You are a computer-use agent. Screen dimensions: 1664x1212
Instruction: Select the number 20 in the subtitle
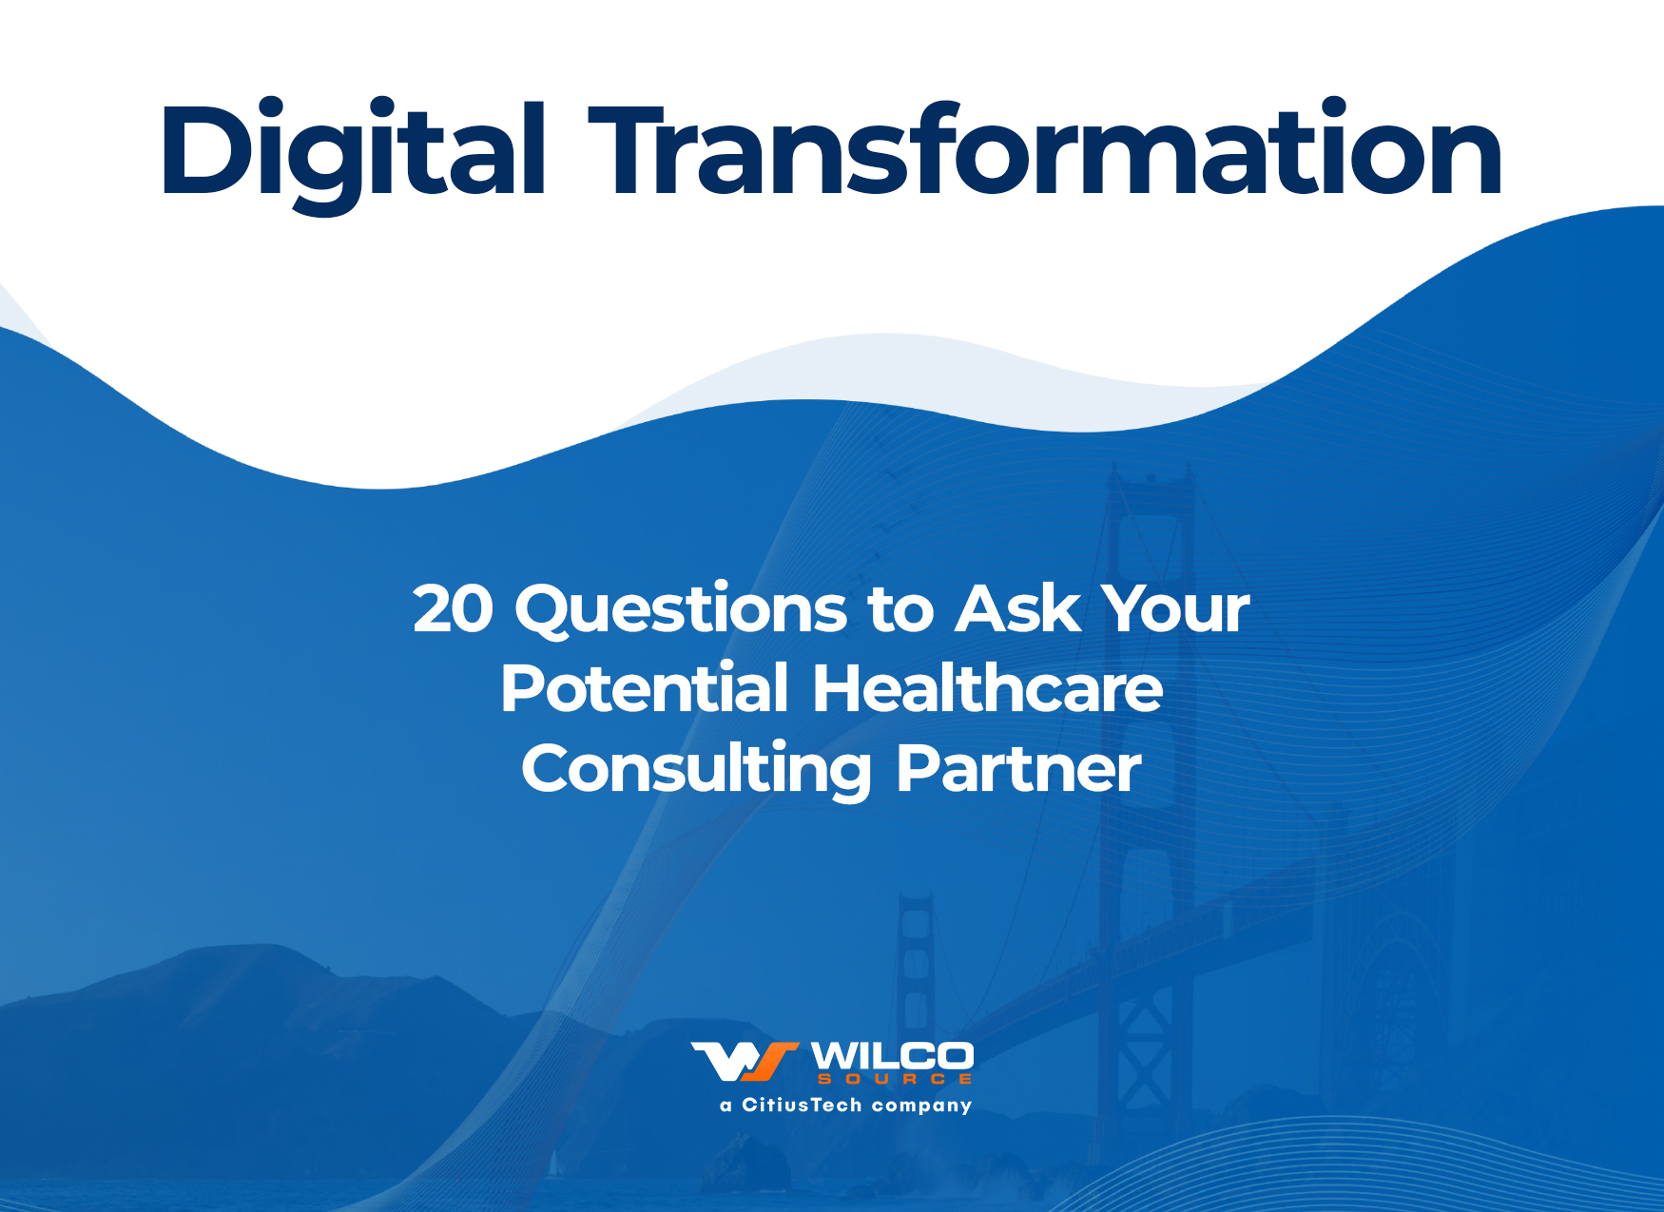454,608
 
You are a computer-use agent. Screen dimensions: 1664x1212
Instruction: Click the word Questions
680,609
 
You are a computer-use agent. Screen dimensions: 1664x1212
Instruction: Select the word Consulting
696,770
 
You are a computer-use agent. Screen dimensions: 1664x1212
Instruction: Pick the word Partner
1018,769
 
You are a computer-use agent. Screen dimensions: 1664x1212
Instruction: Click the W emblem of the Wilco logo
745,1061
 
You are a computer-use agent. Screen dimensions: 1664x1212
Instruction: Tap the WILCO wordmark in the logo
892,1056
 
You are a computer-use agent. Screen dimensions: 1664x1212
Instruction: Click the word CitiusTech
802,1105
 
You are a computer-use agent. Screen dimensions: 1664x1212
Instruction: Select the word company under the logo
921,1106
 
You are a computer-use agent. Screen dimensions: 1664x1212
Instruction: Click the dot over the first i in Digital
272,107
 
